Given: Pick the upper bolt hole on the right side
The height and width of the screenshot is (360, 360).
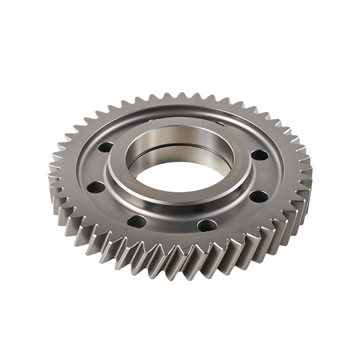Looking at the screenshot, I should pyautogui.click(x=258, y=156).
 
